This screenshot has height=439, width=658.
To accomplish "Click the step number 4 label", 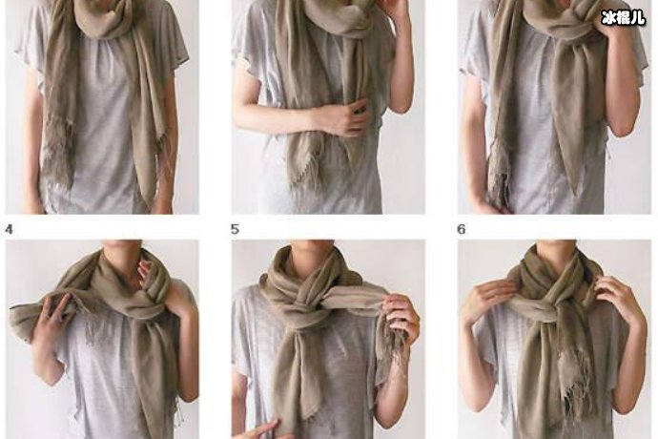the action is (x=10, y=230).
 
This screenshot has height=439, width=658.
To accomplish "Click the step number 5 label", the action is (x=235, y=230).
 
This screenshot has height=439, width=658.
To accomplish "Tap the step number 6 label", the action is (x=462, y=230).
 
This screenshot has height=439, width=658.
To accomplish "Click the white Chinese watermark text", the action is (x=623, y=17).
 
